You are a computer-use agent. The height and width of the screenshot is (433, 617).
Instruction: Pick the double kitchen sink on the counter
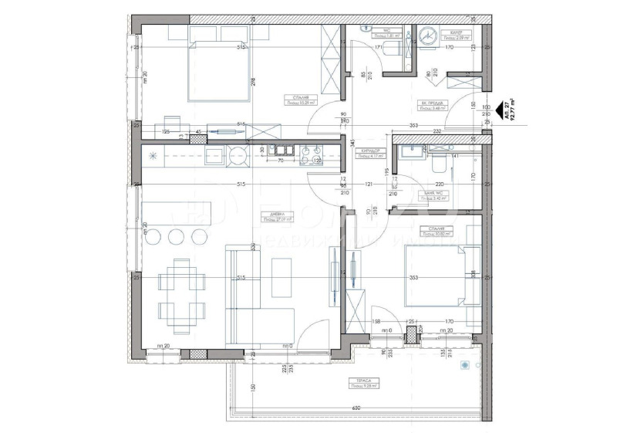coord(280,151)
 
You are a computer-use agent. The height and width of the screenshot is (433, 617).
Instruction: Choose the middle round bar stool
coord(177,235)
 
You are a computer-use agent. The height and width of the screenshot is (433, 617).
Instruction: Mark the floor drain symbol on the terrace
coord(464,365)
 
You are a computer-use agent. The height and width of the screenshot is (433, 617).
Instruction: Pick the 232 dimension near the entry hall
coord(437,132)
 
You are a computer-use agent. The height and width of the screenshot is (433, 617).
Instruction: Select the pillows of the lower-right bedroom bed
coord(467,276)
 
